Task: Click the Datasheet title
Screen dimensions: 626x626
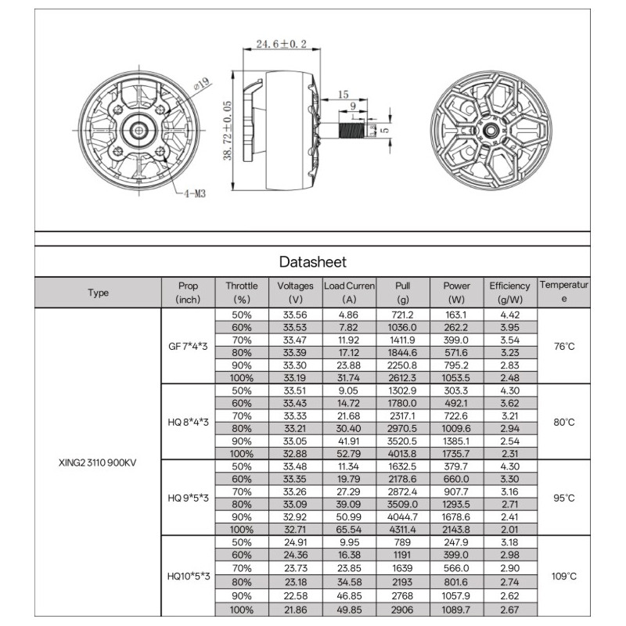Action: pyautogui.click(x=312, y=262)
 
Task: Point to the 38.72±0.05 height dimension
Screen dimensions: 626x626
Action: pyautogui.click(x=227, y=129)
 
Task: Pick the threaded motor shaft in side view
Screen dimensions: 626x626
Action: pyautogui.click(x=356, y=128)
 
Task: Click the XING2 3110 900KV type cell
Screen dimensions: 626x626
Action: pyautogui.click(x=98, y=462)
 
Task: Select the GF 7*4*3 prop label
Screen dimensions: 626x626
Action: pyautogui.click(x=189, y=347)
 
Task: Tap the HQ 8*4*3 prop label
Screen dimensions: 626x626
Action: pyautogui.click(x=189, y=422)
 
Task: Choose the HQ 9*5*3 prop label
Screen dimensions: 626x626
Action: pyautogui.click(x=189, y=497)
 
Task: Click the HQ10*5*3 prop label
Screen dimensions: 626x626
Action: pyautogui.click(x=189, y=577)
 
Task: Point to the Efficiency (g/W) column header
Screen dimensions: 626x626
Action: pyautogui.click(x=509, y=293)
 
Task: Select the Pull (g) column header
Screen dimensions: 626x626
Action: pyautogui.click(x=403, y=293)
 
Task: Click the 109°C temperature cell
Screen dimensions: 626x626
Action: pyautogui.click(x=564, y=577)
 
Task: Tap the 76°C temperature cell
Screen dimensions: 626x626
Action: pyautogui.click(x=564, y=347)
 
